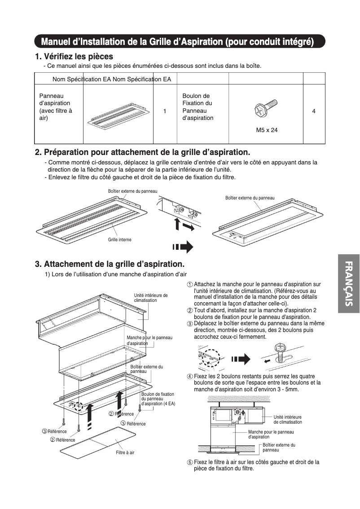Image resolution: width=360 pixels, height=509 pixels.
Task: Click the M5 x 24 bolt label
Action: [x=267, y=130]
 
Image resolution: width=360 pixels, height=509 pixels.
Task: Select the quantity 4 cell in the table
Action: [x=314, y=111]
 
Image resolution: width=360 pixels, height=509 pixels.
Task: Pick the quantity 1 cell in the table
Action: [x=165, y=111]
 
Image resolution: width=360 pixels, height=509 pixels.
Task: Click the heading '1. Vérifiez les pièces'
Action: [x=74, y=57]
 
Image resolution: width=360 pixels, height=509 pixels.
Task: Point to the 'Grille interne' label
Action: [x=119, y=240]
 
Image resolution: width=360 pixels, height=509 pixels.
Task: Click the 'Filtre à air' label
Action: [x=125, y=452]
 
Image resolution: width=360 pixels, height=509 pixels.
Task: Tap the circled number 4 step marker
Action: [x=190, y=376]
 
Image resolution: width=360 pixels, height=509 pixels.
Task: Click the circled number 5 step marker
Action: [x=190, y=462]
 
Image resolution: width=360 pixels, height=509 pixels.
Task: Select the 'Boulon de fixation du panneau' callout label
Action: [x=158, y=399]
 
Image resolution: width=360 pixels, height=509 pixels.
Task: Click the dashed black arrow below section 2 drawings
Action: [x=183, y=247]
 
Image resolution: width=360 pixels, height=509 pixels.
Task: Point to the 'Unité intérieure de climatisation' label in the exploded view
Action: [x=150, y=297]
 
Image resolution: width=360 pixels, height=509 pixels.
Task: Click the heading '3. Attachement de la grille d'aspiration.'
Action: [x=110, y=264]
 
